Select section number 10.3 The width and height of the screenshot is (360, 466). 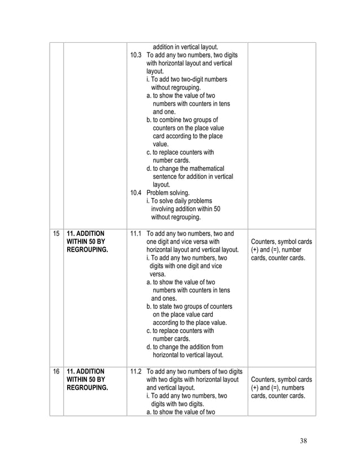click(135, 56)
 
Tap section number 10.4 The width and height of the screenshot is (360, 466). click(135, 192)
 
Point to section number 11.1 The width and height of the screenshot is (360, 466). click(135, 233)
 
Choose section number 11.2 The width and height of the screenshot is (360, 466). click(135, 372)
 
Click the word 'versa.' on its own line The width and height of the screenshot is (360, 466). click(159, 274)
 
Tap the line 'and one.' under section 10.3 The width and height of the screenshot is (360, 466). click(164, 112)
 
